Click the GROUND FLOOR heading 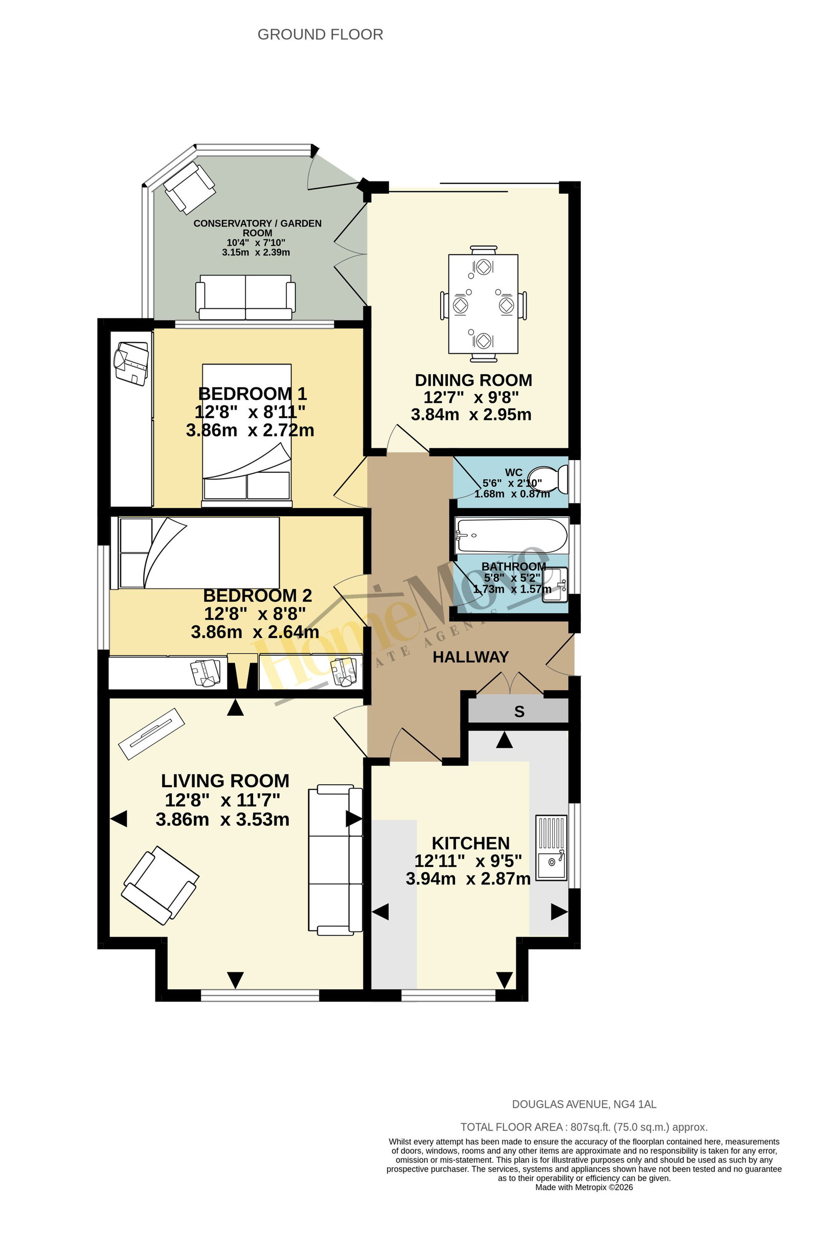pyautogui.click(x=320, y=35)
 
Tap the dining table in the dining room pyautogui.click(x=483, y=304)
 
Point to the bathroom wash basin pyautogui.click(x=555, y=584)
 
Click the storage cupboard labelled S pyautogui.click(x=518, y=711)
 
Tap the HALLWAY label pyautogui.click(x=470, y=657)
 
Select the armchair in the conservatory pyautogui.click(x=189, y=187)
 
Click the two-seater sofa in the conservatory pyautogui.click(x=245, y=297)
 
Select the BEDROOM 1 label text pyautogui.click(x=252, y=394)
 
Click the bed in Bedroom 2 pyautogui.click(x=195, y=553)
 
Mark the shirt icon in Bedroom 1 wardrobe pyautogui.click(x=131, y=363)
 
